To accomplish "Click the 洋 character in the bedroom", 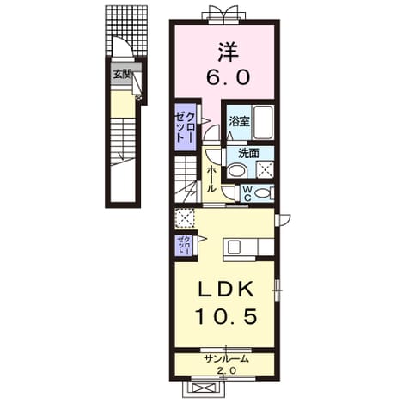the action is click(x=228, y=52).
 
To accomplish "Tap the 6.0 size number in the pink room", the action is click(x=228, y=77).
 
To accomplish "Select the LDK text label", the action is click(x=226, y=289).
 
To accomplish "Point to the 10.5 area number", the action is click(x=225, y=317).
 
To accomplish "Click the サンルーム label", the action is click(x=226, y=359).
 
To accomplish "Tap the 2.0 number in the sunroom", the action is click(x=226, y=370).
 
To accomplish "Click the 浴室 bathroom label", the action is click(x=239, y=122).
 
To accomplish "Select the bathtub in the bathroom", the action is click(x=262, y=122).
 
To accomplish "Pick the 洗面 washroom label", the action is click(x=248, y=154).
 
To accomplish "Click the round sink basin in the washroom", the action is click(x=237, y=171).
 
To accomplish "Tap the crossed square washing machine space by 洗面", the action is click(x=265, y=169).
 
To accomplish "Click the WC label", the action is click(x=247, y=193).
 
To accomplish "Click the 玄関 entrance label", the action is click(x=122, y=75).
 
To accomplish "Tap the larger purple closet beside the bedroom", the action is click(x=186, y=127).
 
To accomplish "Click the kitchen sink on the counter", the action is click(x=234, y=247).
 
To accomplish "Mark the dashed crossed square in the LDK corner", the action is click(x=185, y=218).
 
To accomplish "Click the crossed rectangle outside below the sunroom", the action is click(x=203, y=388).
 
